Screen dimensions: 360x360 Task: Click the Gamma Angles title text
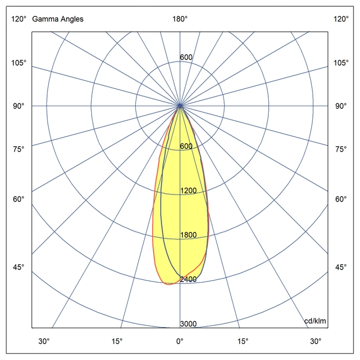pyautogui.click(x=57, y=19)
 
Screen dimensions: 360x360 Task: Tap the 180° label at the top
pyautogui.click(x=180, y=19)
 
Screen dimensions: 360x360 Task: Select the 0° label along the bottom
pyautogui.click(x=180, y=341)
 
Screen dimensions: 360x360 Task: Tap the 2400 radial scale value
pyautogui.click(x=188, y=279)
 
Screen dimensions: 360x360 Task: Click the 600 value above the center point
pyautogui.click(x=186, y=57)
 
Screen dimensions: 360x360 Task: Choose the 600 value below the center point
pyautogui.click(x=186, y=146)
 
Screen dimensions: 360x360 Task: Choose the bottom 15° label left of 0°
pyautogui.click(x=117, y=341)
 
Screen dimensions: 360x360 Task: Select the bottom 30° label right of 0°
pyautogui.click(x=315, y=341)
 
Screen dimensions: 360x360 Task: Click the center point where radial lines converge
pyautogui.click(x=180, y=106)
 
